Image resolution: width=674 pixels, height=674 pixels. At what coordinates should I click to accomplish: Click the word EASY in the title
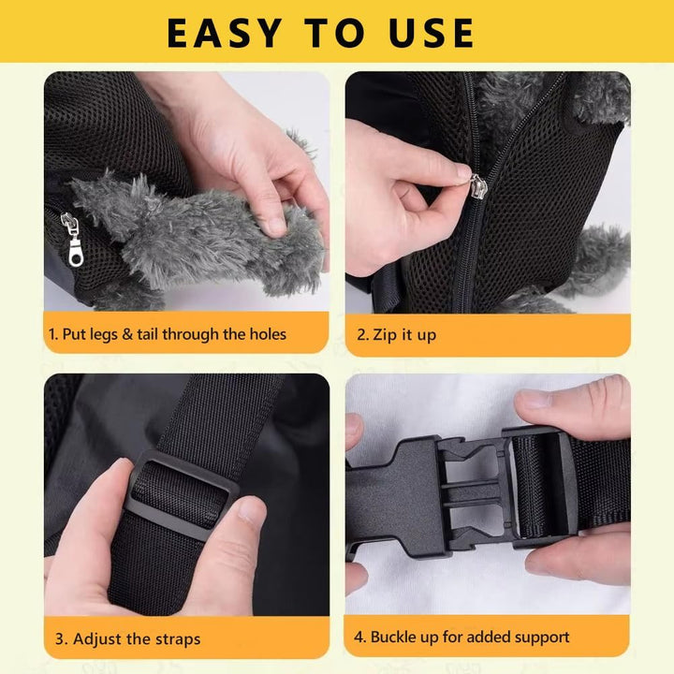click(224, 33)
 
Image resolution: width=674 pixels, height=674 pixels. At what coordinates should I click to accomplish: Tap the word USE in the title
click(432, 33)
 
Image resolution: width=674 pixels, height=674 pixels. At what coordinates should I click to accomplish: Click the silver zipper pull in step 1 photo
click(72, 240)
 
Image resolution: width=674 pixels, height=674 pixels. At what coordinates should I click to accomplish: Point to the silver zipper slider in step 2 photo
click(478, 186)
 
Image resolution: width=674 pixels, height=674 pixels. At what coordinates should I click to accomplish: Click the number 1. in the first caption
click(53, 334)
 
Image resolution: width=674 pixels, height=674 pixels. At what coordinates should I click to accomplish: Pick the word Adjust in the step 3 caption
click(95, 638)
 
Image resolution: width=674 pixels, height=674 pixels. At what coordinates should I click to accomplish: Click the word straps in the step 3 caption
click(178, 639)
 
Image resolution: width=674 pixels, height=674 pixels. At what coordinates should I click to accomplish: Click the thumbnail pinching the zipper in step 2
click(463, 172)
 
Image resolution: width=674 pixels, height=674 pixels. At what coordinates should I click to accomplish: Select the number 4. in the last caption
click(359, 637)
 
